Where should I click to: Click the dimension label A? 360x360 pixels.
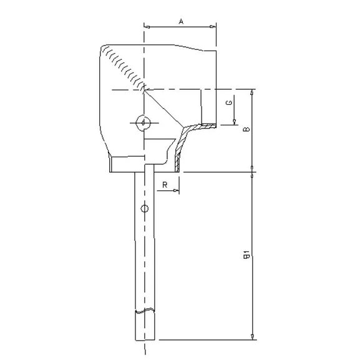click(181, 21)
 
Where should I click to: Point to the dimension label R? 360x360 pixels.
click(164, 185)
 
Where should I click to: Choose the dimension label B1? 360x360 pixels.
click(246, 256)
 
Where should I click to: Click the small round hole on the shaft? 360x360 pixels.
click(144, 208)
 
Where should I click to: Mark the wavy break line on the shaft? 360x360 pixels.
click(144, 310)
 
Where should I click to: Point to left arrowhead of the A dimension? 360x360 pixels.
click(147, 27)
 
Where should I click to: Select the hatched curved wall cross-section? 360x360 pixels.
click(181, 150)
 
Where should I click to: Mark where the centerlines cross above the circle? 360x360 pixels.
click(144, 90)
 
